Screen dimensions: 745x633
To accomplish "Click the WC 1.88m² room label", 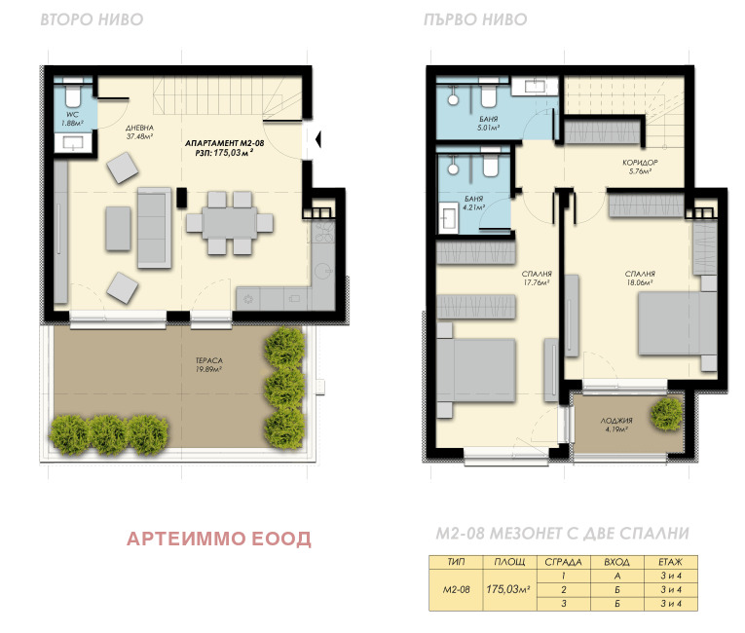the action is click(x=72, y=119).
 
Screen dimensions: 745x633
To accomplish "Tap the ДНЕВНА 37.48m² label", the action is click(x=139, y=132).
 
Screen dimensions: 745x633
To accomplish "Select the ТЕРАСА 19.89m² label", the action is click(x=209, y=364).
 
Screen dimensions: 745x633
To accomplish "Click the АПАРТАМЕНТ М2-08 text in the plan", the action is click(x=224, y=143).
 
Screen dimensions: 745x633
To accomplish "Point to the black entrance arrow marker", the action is click(x=318, y=139).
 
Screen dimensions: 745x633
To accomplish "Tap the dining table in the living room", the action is click(x=230, y=223).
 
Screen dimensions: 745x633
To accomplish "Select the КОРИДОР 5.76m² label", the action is click(x=640, y=167).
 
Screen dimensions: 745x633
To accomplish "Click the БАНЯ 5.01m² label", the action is click(x=489, y=124).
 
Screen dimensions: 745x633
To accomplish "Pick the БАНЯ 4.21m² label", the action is click(x=473, y=203).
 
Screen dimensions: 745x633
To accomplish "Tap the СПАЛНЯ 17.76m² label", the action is click(x=537, y=278).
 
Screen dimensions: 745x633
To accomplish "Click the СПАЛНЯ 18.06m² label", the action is click(x=640, y=278).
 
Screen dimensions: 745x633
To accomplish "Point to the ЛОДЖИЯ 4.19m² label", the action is click(x=616, y=425).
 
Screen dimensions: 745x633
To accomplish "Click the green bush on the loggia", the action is click(x=667, y=415).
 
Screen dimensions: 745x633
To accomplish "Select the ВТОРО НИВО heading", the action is click(x=92, y=19).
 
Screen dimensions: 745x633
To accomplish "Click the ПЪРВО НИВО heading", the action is click(x=475, y=19).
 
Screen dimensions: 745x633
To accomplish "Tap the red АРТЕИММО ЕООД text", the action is click(x=219, y=539).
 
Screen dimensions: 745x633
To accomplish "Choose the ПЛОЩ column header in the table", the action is click(x=509, y=562).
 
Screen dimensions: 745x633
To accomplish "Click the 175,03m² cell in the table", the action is click(x=508, y=589).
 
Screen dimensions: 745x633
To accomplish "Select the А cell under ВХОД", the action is click(x=617, y=576).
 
